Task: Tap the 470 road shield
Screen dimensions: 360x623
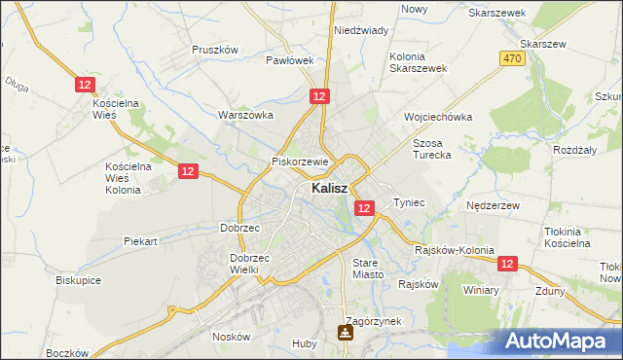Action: click(x=513, y=59)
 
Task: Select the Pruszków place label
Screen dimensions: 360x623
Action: click(x=215, y=49)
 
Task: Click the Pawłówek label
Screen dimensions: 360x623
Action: click(x=290, y=59)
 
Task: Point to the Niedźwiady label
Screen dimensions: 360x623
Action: click(x=361, y=30)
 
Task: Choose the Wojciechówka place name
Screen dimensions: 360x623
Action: click(x=438, y=117)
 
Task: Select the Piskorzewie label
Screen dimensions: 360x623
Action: click(x=302, y=162)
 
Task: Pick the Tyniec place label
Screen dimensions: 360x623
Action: click(x=410, y=202)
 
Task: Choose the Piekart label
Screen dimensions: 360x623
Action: click(x=142, y=239)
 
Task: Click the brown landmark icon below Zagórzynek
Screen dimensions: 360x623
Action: click(x=345, y=334)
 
